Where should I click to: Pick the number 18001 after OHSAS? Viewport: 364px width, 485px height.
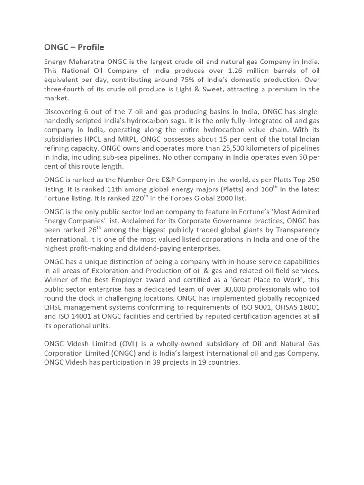click(307, 307)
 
